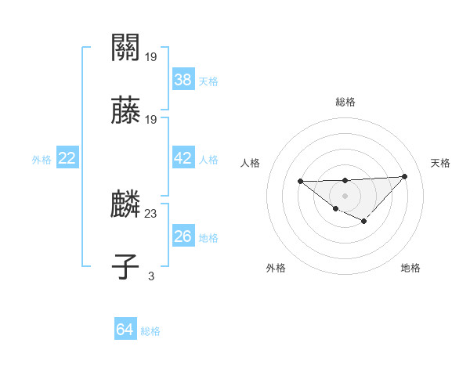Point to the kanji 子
126,266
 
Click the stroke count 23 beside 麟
151,212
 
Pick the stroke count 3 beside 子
151,275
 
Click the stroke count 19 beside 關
151,56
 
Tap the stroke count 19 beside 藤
151,120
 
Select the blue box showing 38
183,79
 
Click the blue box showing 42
183,158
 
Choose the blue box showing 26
183,236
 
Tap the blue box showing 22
67,158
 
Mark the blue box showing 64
125,330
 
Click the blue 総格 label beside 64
150,331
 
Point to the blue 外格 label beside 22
42,160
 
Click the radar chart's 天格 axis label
440,163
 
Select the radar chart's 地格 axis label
410,268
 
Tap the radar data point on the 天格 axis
404,176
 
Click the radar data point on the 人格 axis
301,182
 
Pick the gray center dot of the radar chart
345,195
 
